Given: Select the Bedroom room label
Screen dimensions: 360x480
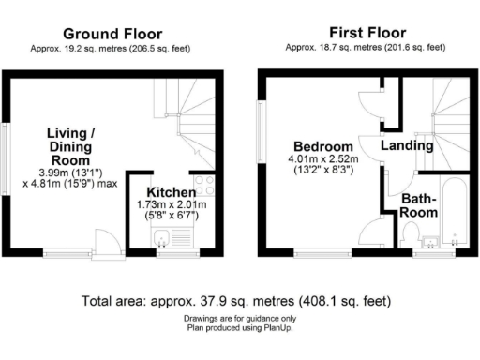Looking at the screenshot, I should (x=323, y=147).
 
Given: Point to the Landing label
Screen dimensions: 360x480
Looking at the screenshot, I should (x=407, y=145).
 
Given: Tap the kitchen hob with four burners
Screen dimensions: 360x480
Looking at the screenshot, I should (x=203, y=186).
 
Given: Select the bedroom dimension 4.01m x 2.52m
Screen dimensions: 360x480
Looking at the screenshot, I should (x=323, y=161).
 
